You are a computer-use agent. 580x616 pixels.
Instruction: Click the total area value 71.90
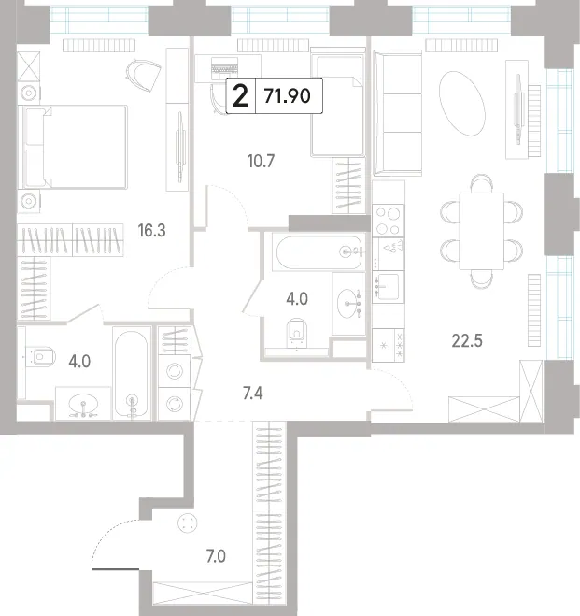pos(288,96)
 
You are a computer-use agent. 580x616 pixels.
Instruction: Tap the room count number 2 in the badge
pos(240,96)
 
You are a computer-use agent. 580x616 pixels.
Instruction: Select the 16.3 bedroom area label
pos(151,231)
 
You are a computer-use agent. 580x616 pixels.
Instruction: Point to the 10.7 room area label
pos(261,161)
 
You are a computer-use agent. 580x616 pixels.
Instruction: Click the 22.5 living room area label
pos(467,340)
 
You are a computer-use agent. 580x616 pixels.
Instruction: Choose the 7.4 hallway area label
pos(252,393)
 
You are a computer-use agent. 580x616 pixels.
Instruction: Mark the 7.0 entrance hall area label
pos(216,556)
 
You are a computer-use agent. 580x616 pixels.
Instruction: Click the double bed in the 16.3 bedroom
pos(75,147)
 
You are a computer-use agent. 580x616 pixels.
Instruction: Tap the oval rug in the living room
pos(462,104)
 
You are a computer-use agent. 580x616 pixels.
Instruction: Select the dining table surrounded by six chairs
pos(482,231)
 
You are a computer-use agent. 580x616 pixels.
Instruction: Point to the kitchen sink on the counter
pos(389,286)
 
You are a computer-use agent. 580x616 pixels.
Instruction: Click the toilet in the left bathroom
pos(41,357)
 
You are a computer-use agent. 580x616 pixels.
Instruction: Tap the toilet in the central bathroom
pos(297,333)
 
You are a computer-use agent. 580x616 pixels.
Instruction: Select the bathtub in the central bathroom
pos(318,252)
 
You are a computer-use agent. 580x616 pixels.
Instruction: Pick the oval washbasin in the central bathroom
pos(349,303)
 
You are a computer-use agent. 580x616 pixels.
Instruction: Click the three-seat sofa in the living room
pos(398,113)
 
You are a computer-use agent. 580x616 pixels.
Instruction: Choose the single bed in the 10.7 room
pos(338,102)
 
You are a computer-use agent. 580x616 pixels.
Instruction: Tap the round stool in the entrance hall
pos(187,523)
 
